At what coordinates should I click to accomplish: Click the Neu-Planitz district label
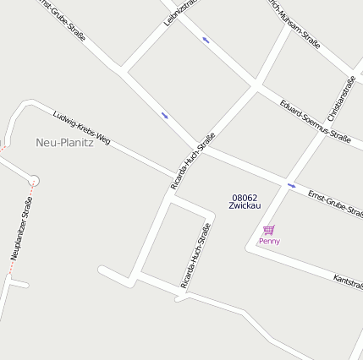pos(64,143)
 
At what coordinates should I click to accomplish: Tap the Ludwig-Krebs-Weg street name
pos(81,126)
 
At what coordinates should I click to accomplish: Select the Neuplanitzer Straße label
pos(21,228)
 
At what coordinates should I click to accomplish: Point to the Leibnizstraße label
pos(180,12)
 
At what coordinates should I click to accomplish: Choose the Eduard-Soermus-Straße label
pos(315,121)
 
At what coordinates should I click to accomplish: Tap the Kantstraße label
pos(348,282)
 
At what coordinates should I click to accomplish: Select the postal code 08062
pos(245,198)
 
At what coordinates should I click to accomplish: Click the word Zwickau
pos(245,206)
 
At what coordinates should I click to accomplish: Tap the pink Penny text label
pos(269,242)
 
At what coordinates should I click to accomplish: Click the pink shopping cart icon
pos(269,230)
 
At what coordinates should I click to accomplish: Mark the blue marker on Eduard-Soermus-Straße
pos(206,39)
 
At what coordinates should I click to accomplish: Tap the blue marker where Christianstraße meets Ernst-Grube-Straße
pos(291,185)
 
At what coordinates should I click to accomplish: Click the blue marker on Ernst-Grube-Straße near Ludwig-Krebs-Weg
pos(164,116)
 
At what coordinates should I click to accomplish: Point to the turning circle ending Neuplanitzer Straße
pos(34,179)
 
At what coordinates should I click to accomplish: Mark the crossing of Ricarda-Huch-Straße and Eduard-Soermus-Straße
pos(255,85)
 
